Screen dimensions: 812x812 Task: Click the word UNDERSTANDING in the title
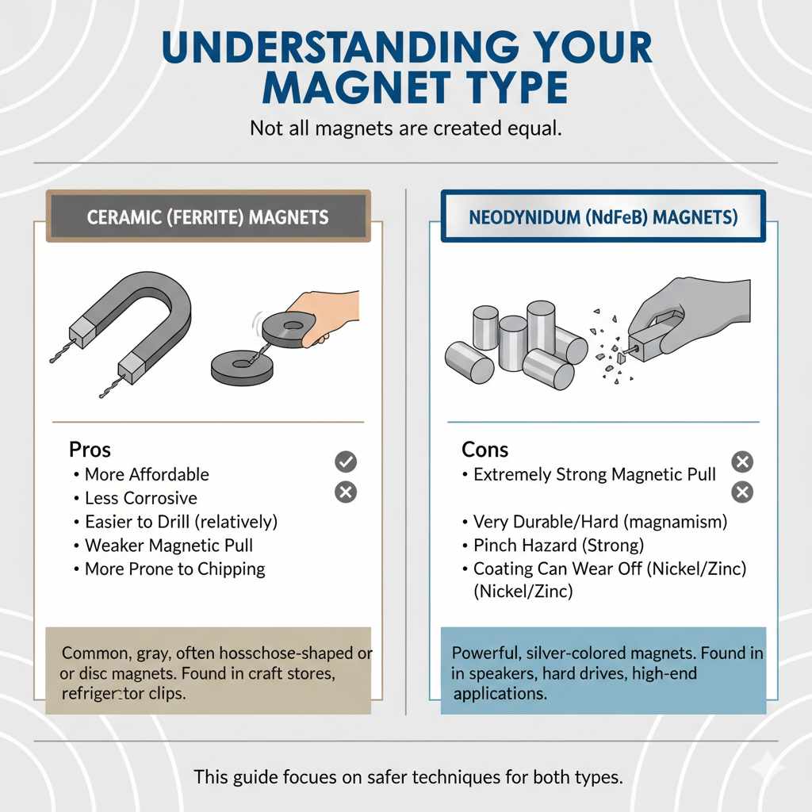[326, 49]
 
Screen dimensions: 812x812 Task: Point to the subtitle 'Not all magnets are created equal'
[405, 128]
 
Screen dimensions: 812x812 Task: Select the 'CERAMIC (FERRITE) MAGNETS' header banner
[208, 216]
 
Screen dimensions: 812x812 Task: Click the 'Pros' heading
[90, 450]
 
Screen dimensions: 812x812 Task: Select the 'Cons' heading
[485, 450]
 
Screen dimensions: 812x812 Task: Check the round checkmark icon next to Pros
[346, 462]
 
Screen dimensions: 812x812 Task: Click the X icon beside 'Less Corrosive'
[346, 492]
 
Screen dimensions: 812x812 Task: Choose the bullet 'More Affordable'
[147, 475]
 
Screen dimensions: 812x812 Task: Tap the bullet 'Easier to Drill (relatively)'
[181, 523]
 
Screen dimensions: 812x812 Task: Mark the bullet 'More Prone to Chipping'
[174, 569]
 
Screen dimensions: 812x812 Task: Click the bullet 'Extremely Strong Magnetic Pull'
[594, 475]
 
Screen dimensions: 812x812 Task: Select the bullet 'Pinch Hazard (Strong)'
[558, 546]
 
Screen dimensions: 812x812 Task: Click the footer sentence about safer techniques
[408, 777]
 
